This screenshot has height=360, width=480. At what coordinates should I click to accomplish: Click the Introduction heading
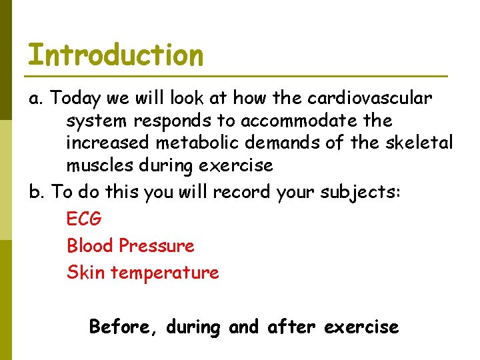pyautogui.click(x=115, y=55)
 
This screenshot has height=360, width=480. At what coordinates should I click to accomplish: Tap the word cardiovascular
pyautogui.click(x=369, y=99)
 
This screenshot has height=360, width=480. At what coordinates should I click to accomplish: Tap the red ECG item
pyautogui.click(x=84, y=219)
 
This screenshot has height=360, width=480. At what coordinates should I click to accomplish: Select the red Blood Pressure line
pyautogui.click(x=131, y=245)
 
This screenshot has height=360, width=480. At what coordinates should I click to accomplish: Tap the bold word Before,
pyautogui.click(x=124, y=327)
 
